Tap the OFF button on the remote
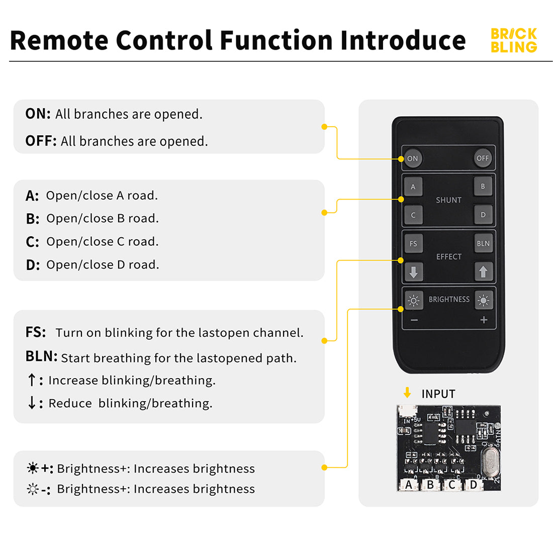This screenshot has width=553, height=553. click(x=483, y=158)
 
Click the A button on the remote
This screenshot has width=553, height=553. click(x=413, y=187)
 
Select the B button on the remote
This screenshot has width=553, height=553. click(x=483, y=187)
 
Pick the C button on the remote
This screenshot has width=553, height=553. click(x=413, y=215)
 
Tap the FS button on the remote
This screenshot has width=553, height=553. click(x=413, y=244)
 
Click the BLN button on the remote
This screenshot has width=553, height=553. click(x=483, y=244)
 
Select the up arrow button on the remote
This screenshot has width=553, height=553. click(x=483, y=272)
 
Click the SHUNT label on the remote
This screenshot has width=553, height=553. click(x=448, y=200)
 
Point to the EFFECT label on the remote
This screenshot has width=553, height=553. click(x=448, y=257)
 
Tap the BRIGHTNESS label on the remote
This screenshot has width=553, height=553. click(x=449, y=300)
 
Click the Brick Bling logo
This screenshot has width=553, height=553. click(x=514, y=41)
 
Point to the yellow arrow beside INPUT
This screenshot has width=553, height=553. click(x=407, y=393)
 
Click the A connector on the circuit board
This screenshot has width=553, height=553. click(x=409, y=485)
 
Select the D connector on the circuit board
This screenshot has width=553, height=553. click(x=473, y=485)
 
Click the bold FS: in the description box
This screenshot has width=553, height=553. click(x=36, y=332)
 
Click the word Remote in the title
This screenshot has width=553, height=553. click(x=59, y=41)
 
